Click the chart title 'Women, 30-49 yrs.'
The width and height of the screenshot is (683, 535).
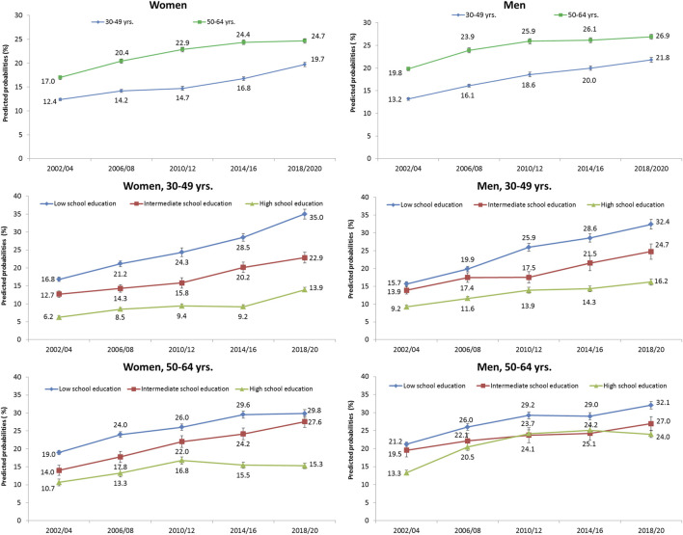click(x=168, y=186)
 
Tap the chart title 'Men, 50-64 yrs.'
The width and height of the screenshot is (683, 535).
click(x=514, y=367)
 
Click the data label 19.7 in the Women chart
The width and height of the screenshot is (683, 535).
click(x=317, y=59)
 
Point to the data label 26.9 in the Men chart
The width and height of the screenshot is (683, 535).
click(x=663, y=36)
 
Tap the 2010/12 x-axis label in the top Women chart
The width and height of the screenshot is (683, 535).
click(x=182, y=168)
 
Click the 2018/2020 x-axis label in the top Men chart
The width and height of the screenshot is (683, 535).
click(x=650, y=168)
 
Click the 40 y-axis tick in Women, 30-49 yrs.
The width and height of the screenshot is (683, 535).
click(x=17, y=196)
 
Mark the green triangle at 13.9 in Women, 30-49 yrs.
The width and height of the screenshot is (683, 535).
click(x=305, y=289)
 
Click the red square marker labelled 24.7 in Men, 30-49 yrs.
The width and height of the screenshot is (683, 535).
click(x=651, y=252)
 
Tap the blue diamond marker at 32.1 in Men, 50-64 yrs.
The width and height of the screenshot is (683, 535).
click(x=651, y=405)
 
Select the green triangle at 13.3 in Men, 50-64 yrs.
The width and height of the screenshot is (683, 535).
click(x=406, y=472)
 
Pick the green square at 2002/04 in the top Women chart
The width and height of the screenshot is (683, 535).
click(x=60, y=77)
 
